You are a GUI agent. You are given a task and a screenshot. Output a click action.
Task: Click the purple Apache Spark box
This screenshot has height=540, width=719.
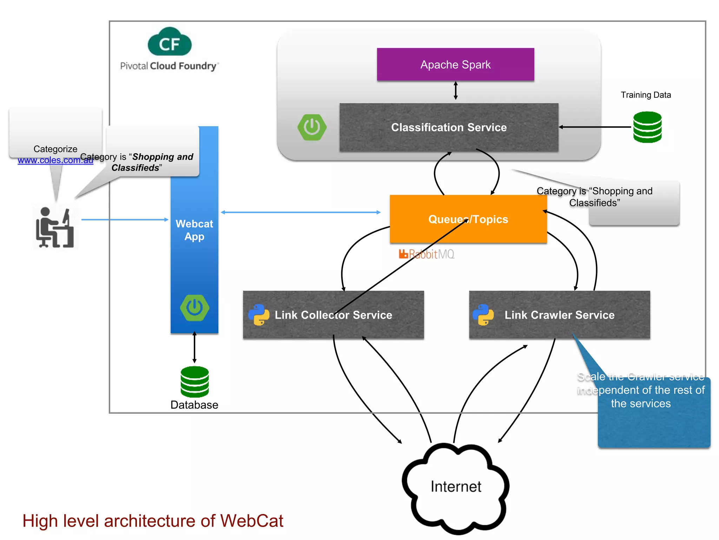[455, 65]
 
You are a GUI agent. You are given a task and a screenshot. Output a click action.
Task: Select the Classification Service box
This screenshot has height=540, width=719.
[449, 127]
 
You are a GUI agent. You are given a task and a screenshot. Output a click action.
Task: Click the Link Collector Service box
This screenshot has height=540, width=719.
[333, 315]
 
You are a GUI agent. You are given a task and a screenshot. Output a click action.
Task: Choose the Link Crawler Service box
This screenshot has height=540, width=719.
[559, 315]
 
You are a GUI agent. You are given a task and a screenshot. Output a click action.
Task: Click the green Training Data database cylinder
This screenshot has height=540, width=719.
[647, 127]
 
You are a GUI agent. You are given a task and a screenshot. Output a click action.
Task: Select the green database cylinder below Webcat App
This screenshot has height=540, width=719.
[194, 382]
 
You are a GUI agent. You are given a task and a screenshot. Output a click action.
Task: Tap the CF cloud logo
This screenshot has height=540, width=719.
[170, 43]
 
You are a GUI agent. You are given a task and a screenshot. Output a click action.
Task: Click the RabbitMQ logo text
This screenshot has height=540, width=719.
[427, 254]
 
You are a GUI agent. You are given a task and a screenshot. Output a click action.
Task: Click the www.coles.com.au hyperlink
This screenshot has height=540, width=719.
[55, 160]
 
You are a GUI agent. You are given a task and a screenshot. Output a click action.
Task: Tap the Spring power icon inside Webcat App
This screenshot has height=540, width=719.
[194, 308]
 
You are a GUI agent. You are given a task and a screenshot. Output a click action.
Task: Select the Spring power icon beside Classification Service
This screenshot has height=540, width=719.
[312, 127]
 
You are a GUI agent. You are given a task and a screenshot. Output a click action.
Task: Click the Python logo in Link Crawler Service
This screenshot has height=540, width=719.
[483, 315]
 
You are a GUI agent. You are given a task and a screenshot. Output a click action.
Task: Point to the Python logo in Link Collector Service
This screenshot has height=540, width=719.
[259, 315]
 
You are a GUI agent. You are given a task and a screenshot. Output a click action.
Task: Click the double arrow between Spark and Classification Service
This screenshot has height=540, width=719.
[455, 91]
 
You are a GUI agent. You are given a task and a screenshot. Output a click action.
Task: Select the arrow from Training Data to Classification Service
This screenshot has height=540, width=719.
[595, 127]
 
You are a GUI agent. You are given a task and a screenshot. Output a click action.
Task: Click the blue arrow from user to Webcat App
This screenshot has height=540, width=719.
[125, 220]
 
